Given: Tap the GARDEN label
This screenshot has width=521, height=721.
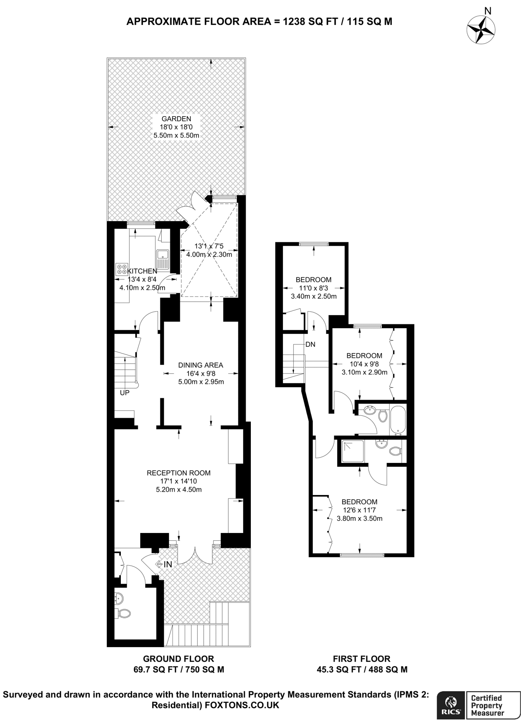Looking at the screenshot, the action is [x=176, y=119].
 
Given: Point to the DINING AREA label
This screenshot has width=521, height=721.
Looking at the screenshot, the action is [x=200, y=365].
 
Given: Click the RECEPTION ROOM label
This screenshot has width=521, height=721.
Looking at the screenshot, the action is [x=179, y=473].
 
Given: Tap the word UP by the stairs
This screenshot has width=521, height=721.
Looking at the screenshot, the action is [x=125, y=393].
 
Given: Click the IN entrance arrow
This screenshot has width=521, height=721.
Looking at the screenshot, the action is [x=163, y=564].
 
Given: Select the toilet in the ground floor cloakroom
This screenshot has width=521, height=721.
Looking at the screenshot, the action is [x=123, y=613].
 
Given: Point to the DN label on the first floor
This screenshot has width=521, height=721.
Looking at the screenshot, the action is [x=310, y=344].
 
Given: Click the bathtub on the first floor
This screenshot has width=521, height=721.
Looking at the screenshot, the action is [x=397, y=420].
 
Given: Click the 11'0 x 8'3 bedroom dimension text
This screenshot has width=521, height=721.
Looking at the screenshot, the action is [x=314, y=288].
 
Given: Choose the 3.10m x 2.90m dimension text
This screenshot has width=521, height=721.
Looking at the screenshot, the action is [x=364, y=372].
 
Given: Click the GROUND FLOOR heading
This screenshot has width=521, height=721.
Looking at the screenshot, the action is [x=178, y=659].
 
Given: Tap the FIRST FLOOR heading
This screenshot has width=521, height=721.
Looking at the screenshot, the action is [x=362, y=659].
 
